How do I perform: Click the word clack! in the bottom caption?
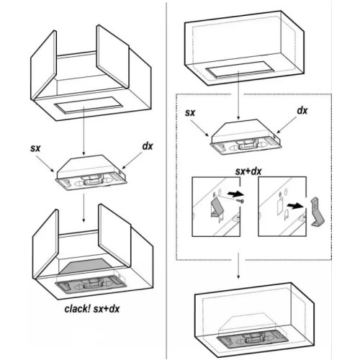click(x=77, y=309)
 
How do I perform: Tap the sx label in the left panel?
click(x=35, y=148)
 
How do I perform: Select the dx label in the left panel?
click(x=148, y=146)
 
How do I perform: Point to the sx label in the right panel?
click(x=190, y=113)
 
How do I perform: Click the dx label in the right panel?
click(x=302, y=110)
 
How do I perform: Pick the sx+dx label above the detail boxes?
click(x=248, y=171)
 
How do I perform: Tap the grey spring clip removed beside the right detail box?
click(x=318, y=212)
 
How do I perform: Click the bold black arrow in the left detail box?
click(x=235, y=194)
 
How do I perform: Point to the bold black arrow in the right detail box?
click(x=295, y=205)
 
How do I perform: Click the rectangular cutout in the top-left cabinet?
click(x=89, y=105)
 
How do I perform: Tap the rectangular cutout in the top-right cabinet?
click(x=240, y=69)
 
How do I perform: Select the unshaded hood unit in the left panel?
click(x=91, y=172)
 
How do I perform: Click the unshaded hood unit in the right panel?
click(x=246, y=136)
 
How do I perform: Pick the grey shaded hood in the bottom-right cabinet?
click(x=252, y=338)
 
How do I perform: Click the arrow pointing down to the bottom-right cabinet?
click(x=238, y=266)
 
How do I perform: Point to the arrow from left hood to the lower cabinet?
click(x=84, y=208)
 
